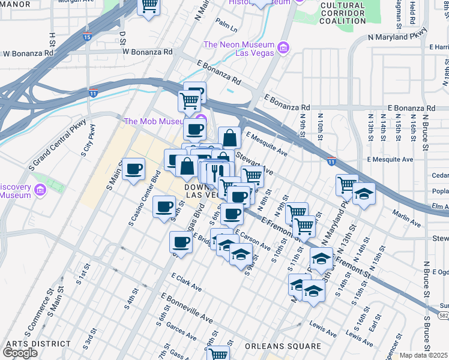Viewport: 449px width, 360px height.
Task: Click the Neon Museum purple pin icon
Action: click(x=284, y=47)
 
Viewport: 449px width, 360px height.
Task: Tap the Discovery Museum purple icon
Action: click(x=40, y=191)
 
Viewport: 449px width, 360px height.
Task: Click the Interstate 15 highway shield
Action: click(x=89, y=36)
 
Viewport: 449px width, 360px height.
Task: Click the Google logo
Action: click(x=20, y=353)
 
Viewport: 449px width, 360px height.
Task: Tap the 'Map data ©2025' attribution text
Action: click(x=424, y=355)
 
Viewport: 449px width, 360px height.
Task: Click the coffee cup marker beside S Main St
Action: click(x=133, y=169)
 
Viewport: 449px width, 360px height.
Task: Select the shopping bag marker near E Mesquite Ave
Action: click(x=229, y=139)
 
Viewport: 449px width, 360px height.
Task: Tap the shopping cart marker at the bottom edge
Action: click(x=218, y=354)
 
